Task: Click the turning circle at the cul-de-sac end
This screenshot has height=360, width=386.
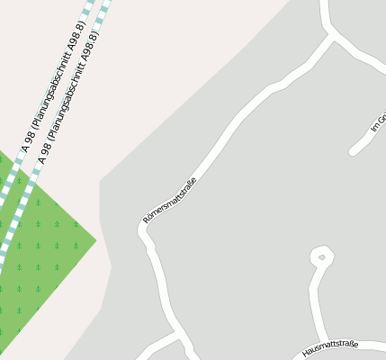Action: [x=321, y=257]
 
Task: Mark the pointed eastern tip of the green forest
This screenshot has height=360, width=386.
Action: [x=95, y=240]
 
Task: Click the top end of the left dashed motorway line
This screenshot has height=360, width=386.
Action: [x=91, y=3]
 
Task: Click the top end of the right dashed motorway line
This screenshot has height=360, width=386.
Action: [x=108, y=3]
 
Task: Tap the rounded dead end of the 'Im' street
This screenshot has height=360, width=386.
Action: [x=353, y=150]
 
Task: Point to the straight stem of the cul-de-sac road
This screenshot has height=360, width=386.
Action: [x=314, y=301]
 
